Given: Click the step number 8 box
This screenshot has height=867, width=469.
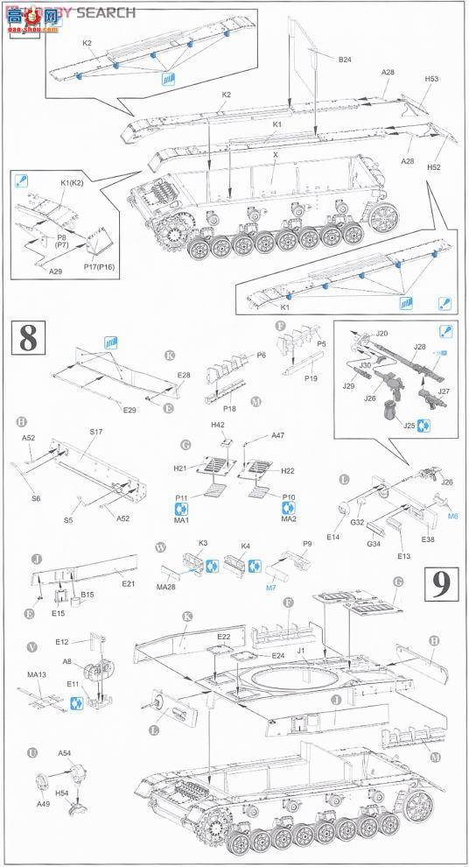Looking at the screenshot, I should [x=27, y=340].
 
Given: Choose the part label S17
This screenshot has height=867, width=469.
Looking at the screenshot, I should [x=94, y=431].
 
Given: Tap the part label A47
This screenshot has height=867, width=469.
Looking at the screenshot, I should [x=277, y=435].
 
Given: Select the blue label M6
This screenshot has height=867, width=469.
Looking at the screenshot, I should [x=452, y=517].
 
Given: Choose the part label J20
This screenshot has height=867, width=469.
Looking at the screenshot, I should [x=381, y=334].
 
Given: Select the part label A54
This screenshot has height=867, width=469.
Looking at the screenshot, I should [x=64, y=753].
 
